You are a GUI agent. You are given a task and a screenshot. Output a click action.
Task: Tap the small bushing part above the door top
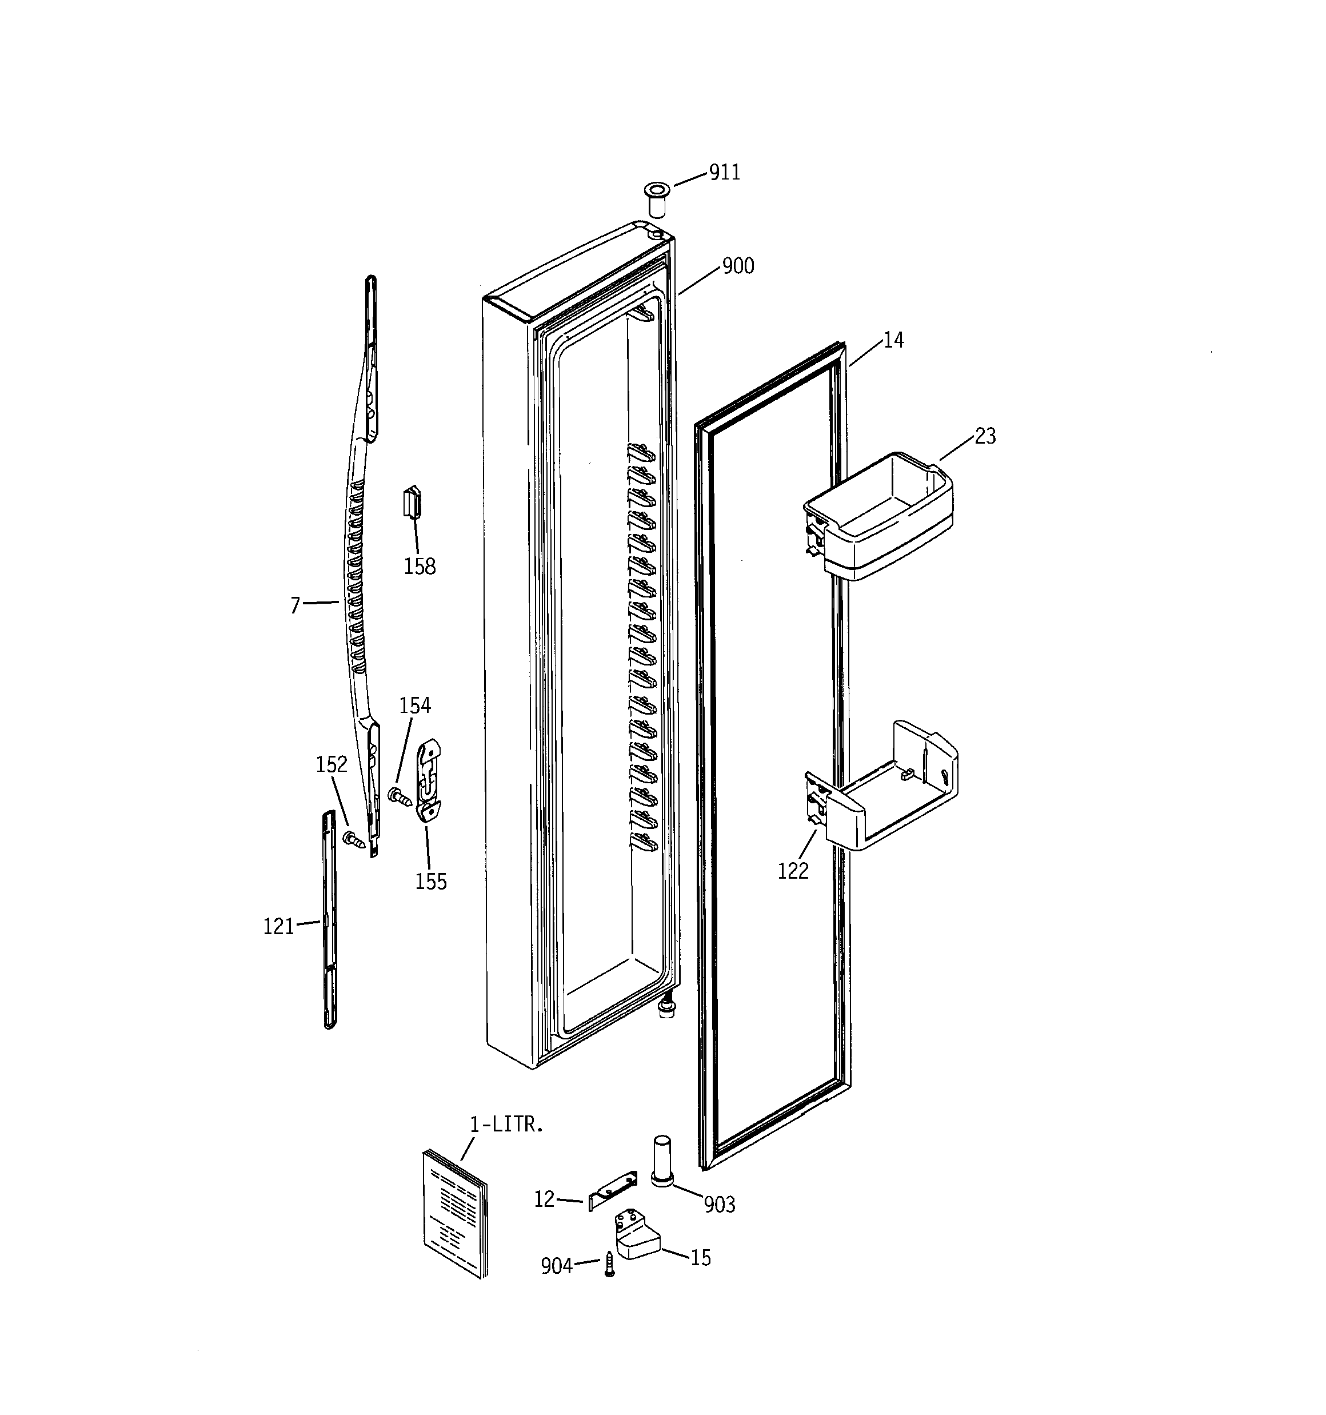(656, 198)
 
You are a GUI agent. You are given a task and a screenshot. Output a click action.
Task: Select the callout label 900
(737, 266)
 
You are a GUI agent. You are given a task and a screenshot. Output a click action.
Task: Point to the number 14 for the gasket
(893, 341)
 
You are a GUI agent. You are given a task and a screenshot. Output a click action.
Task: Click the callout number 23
(984, 436)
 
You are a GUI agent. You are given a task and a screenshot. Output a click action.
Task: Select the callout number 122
(792, 871)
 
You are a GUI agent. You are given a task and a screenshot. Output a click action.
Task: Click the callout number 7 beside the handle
(295, 605)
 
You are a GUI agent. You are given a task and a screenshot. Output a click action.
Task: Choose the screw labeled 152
(353, 840)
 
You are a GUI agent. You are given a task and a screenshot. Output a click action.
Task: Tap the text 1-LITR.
(506, 1125)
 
